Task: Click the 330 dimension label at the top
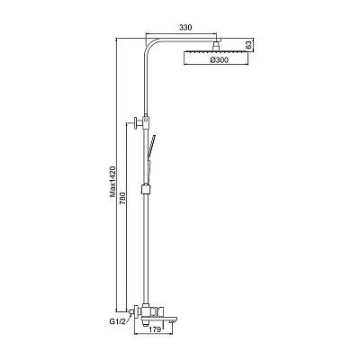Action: click(x=185, y=28)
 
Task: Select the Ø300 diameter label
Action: click(x=220, y=60)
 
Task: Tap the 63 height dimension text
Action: click(x=248, y=45)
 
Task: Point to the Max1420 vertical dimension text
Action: click(x=112, y=182)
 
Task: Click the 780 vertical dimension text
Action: click(x=122, y=198)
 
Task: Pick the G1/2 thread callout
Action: click(x=117, y=322)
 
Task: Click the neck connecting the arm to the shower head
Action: click(x=216, y=47)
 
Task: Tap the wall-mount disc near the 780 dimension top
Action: click(x=137, y=122)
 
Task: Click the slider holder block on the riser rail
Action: click(x=145, y=189)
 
